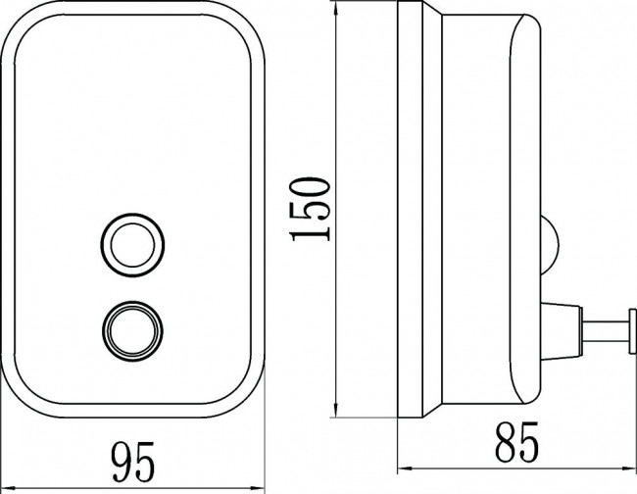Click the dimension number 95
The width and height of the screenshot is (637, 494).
pyautogui.click(x=133, y=462)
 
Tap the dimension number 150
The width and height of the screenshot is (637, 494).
pyautogui.click(x=310, y=209)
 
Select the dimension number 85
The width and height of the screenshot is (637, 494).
pyautogui.click(x=516, y=442)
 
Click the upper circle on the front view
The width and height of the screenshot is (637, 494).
pyautogui.click(x=132, y=245)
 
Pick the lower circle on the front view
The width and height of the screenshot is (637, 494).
pyautogui.click(x=132, y=331)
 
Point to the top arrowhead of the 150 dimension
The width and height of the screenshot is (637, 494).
pyautogui.click(x=335, y=8)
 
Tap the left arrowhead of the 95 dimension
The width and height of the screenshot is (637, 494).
pyautogui.click(x=8, y=487)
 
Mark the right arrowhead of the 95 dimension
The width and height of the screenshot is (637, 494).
pyautogui.click(x=257, y=487)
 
